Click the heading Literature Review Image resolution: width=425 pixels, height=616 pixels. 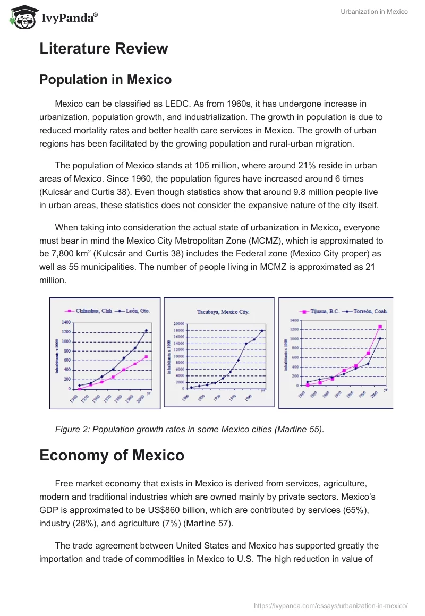click(104, 49)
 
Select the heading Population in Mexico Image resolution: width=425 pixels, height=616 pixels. click(105, 80)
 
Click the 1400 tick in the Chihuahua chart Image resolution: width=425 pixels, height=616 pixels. click(66, 322)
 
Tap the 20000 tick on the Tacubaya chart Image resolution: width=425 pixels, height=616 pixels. click(178, 324)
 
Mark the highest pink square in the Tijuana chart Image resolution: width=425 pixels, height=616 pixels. click(380, 327)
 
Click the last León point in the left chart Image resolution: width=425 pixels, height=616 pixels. click(147, 331)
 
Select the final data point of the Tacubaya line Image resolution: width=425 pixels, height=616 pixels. click(262, 331)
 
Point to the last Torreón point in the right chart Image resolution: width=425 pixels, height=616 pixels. click(380, 338)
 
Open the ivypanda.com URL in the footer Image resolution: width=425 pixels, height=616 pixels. click(330, 605)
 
